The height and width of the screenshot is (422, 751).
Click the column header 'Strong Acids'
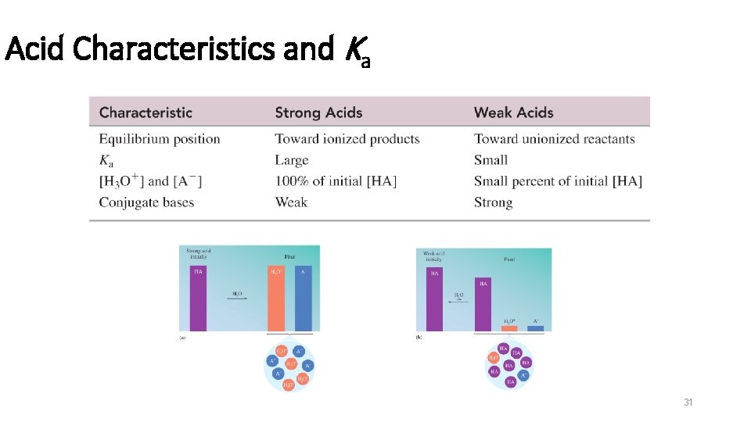[x=318, y=113]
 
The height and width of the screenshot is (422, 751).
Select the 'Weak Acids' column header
[x=513, y=113]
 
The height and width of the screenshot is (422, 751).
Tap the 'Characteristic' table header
[x=146, y=113]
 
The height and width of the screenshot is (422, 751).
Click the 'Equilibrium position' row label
[x=160, y=139]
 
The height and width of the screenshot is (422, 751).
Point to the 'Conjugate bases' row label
[x=146, y=202]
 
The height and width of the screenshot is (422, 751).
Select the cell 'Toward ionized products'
[x=347, y=139]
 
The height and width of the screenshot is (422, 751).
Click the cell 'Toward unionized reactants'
[x=554, y=139]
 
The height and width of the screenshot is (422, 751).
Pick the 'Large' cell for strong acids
[x=292, y=160]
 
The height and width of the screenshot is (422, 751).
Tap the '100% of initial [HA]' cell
[x=336, y=181]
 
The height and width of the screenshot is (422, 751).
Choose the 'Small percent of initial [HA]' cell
[x=558, y=181]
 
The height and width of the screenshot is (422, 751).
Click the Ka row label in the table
[x=106, y=160]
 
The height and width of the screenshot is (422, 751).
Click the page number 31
[x=688, y=402]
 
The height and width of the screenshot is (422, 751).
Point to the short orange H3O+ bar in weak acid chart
[x=509, y=327]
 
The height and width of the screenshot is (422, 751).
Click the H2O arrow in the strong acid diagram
[x=236, y=298]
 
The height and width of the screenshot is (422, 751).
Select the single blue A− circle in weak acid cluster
[x=523, y=374]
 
